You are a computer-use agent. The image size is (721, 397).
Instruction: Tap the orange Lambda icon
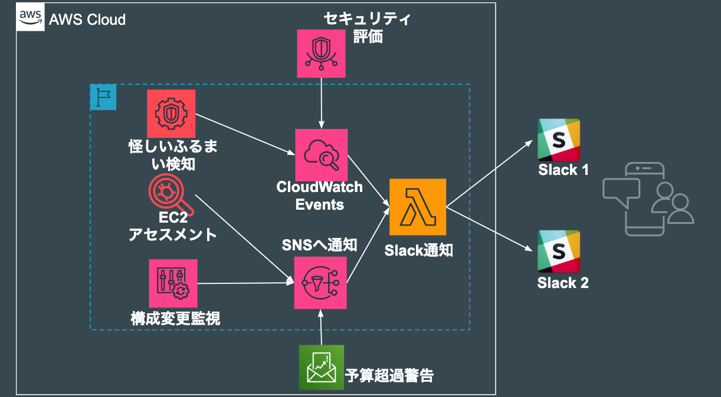tap(418, 207)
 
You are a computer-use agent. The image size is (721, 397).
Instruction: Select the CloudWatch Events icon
tap(322, 155)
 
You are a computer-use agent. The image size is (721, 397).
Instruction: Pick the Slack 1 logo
tap(559, 140)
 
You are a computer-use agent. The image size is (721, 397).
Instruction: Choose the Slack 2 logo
tap(559, 252)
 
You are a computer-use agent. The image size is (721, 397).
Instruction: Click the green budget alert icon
tap(321, 367)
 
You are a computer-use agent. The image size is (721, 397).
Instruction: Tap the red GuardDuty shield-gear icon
tap(171, 113)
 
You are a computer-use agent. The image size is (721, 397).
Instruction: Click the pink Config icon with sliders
tap(173, 283)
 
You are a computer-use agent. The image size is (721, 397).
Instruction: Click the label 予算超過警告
tap(389, 375)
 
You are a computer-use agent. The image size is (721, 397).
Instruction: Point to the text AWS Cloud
tap(87, 19)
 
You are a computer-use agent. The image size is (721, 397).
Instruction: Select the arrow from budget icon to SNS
tap(321, 327)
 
